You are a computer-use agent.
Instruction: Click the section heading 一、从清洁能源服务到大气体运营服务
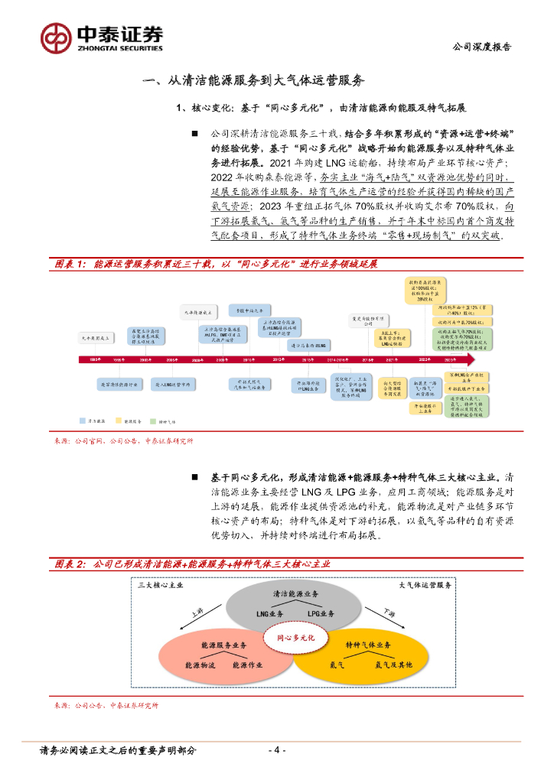tap(255, 80)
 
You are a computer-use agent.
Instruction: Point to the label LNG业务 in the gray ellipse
tap(270, 614)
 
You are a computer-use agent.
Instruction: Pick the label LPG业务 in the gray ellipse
tap(322, 614)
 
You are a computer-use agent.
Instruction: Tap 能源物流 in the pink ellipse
tap(200, 665)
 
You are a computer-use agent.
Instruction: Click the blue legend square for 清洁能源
tap(82, 421)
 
